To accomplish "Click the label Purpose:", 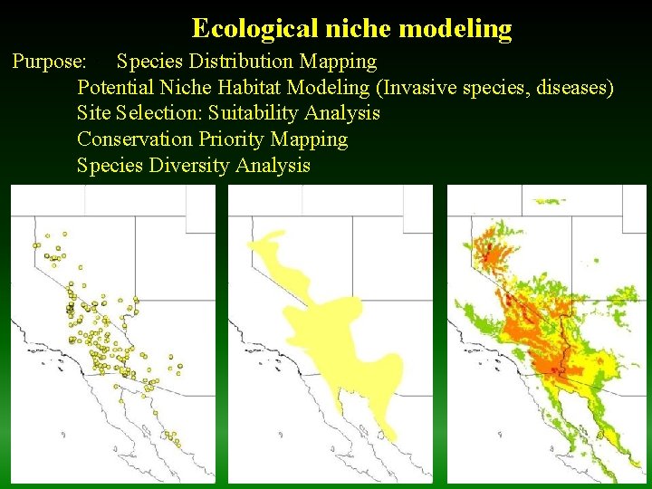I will click(50, 62).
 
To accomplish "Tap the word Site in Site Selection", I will click(94, 113).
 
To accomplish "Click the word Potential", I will click(116, 88).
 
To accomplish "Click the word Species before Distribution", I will click(149, 62).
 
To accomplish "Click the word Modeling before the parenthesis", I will click(339, 88).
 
